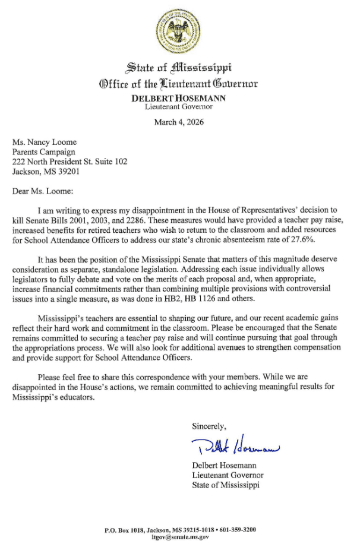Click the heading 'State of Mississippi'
coord(179,65)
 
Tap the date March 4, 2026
coord(179,122)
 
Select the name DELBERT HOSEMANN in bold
coord(179,98)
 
